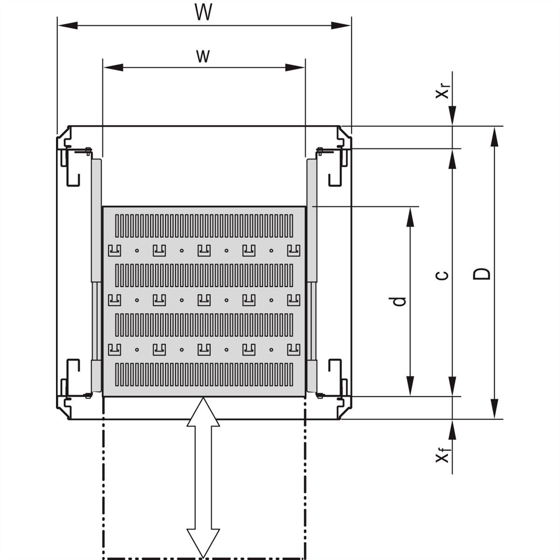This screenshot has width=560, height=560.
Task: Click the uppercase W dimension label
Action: point(203,13)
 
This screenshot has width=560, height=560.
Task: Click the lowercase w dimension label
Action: point(202,56)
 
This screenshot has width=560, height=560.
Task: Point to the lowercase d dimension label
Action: point(398,301)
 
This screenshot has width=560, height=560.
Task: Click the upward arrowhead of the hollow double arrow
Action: point(203,411)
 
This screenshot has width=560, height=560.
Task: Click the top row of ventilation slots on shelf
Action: point(203,225)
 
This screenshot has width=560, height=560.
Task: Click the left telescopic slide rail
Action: point(96,275)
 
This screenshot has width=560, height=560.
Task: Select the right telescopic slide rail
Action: point(311,275)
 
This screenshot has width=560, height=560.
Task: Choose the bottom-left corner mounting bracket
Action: point(70,385)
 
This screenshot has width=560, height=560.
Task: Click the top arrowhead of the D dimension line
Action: point(495,135)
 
